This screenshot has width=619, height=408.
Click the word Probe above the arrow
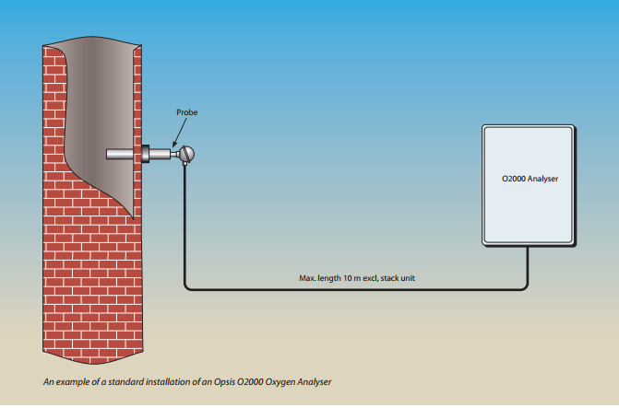(x=187, y=112)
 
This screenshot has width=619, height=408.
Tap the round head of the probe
(x=188, y=154)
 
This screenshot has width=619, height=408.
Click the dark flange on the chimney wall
(x=143, y=153)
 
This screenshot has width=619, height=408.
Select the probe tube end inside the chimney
(x=111, y=155)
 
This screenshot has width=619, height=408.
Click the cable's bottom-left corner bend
(x=187, y=286)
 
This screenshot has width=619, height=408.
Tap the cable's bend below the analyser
(x=525, y=286)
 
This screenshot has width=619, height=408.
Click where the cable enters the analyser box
(x=527, y=247)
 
